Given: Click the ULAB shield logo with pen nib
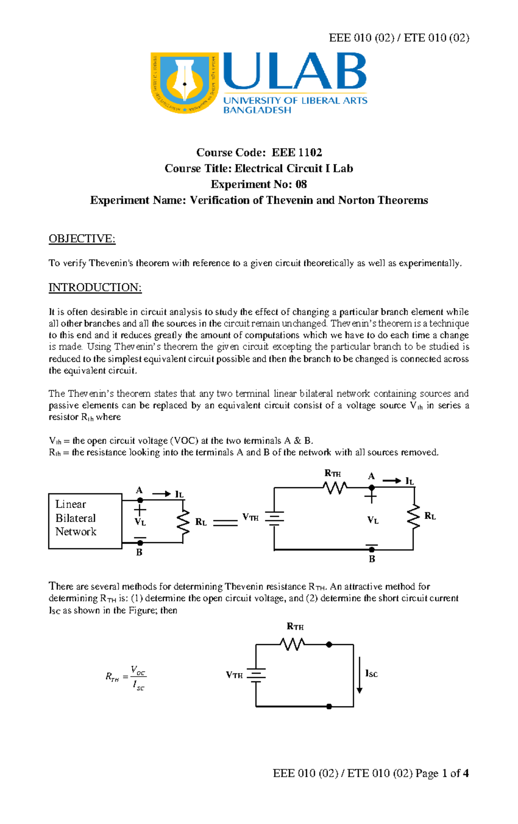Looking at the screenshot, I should (185, 83).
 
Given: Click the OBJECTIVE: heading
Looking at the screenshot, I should (82, 239).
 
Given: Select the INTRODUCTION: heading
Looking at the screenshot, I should (95, 287).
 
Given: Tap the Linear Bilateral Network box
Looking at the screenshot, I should (85, 521).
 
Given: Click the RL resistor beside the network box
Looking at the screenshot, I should (184, 521).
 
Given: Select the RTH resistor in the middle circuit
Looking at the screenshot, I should (335, 488).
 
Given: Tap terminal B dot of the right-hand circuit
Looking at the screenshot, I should (372, 549).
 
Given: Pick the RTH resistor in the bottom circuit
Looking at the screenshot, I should (293, 644).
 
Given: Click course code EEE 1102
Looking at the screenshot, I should (297, 153).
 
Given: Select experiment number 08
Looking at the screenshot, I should (301, 185).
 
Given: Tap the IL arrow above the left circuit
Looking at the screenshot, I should (162, 494).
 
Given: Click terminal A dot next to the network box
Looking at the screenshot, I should (140, 500).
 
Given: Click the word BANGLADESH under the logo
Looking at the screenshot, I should (257, 110).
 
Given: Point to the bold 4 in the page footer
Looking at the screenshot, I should (465, 773).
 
